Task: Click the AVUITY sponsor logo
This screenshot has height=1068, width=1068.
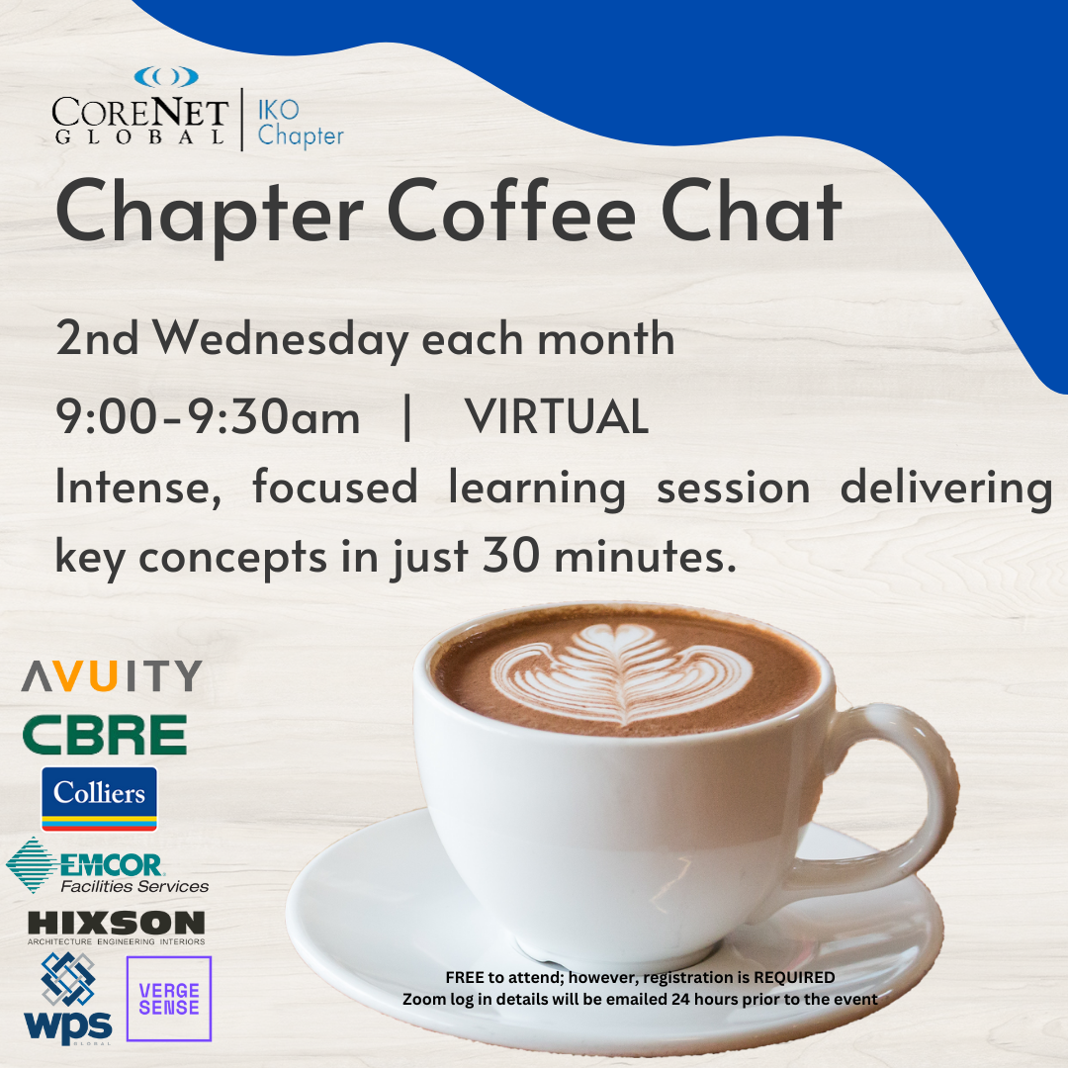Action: point(112,675)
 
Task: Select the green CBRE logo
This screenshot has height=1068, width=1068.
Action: point(105,734)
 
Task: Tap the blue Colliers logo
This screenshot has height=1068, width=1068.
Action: point(100,798)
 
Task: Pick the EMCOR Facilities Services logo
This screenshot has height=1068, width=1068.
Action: point(108,865)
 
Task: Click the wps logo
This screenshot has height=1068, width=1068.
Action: point(68,999)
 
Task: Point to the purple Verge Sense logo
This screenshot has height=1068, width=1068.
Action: point(169,999)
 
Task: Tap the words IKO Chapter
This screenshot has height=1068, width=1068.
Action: point(301,124)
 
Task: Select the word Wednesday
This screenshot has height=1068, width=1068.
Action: point(280,339)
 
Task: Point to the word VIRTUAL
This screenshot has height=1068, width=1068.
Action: point(557,416)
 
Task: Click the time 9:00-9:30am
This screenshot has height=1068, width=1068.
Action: point(208,416)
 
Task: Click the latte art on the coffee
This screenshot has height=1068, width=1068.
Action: point(621,673)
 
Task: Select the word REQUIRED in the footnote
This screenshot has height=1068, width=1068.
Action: point(794,977)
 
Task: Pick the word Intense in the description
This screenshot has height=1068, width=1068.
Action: point(138,488)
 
